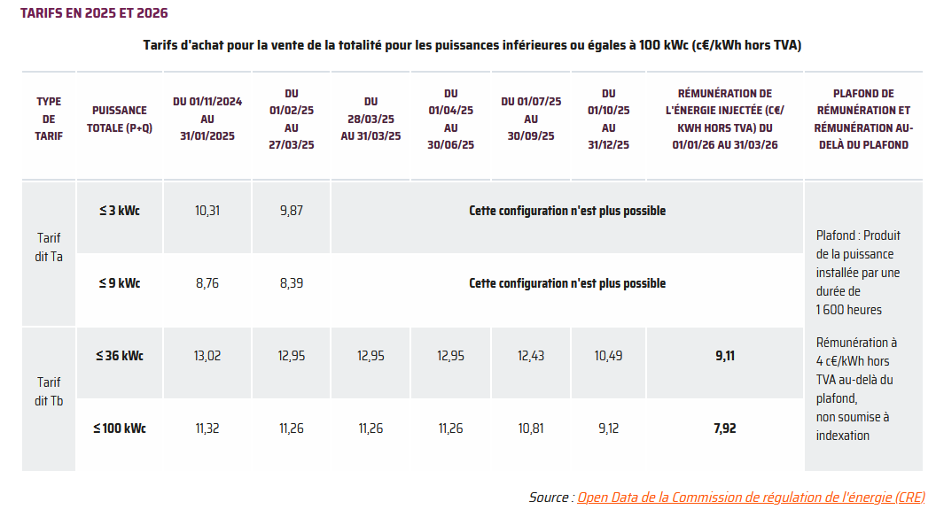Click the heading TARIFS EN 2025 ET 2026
click(94, 13)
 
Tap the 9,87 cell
click(291, 211)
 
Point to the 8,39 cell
click(291, 283)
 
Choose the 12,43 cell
click(531, 356)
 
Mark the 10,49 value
click(608, 356)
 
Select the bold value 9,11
click(724, 356)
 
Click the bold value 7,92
click(724, 428)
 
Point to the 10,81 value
click(531, 428)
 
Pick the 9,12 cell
click(608, 428)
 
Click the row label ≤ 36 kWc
click(120, 356)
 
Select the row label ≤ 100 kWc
click(120, 428)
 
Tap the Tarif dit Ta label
click(49, 247)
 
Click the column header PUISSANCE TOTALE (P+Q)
click(120, 119)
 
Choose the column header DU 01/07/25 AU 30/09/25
click(531, 119)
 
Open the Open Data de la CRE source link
click(751, 498)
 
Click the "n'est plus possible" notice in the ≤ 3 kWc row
click(567, 211)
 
